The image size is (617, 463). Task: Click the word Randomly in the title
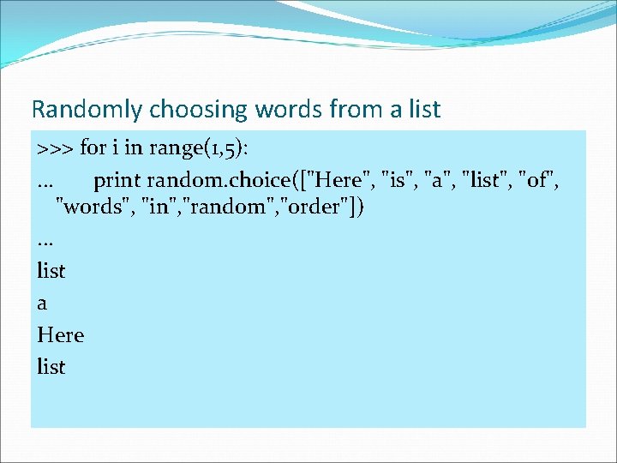pyautogui.click(x=87, y=110)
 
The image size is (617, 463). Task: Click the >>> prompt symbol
pyautogui.click(x=56, y=147)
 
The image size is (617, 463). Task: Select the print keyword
pyautogui.click(x=117, y=180)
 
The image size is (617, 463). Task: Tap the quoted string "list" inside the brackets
pyautogui.click(x=488, y=180)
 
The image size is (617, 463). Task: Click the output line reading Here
pyautogui.click(x=61, y=334)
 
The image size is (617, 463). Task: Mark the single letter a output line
pyautogui.click(x=43, y=304)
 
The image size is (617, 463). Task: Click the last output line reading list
pyautogui.click(x=51, y=366)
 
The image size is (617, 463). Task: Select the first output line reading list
pyautogui.click(x=51, y=271)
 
